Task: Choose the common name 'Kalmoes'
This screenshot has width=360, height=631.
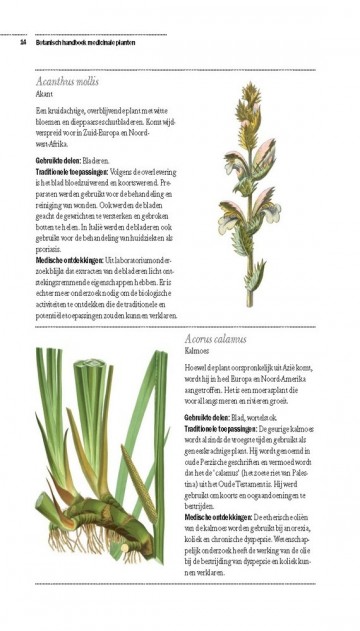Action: [x=196, y=352]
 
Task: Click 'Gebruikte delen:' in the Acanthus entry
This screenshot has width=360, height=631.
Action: [x=58, y=160]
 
